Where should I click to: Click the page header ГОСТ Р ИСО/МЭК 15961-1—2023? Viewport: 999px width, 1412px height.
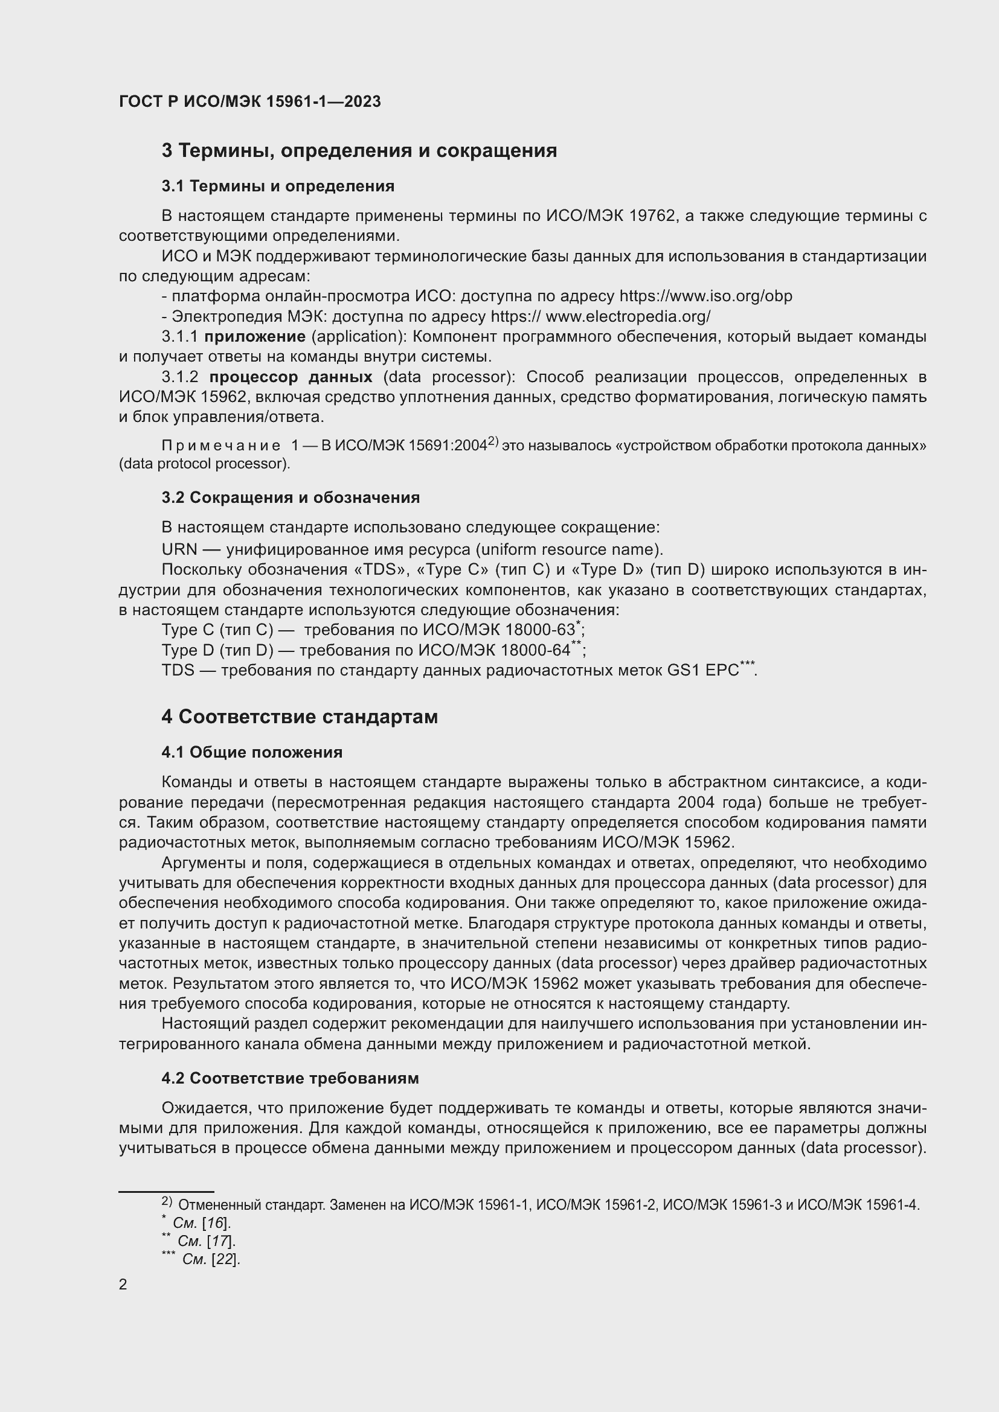250,102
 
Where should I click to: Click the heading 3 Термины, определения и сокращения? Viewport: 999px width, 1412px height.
359,151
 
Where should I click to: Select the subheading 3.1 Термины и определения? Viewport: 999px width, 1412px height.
278,187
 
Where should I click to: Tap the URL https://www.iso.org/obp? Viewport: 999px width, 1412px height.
705,296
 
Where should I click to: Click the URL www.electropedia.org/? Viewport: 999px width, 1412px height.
628,317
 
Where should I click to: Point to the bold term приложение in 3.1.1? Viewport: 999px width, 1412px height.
255,337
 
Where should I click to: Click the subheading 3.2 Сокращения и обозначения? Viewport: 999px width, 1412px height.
291,497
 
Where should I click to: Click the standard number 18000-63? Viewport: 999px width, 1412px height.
539,630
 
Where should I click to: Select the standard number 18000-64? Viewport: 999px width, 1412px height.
535,651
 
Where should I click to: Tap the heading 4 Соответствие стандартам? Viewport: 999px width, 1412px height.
300,717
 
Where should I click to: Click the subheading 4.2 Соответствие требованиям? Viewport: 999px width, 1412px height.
291,1078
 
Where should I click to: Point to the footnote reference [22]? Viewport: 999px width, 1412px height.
225,1259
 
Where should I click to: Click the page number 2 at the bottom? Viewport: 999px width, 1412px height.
123,1285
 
